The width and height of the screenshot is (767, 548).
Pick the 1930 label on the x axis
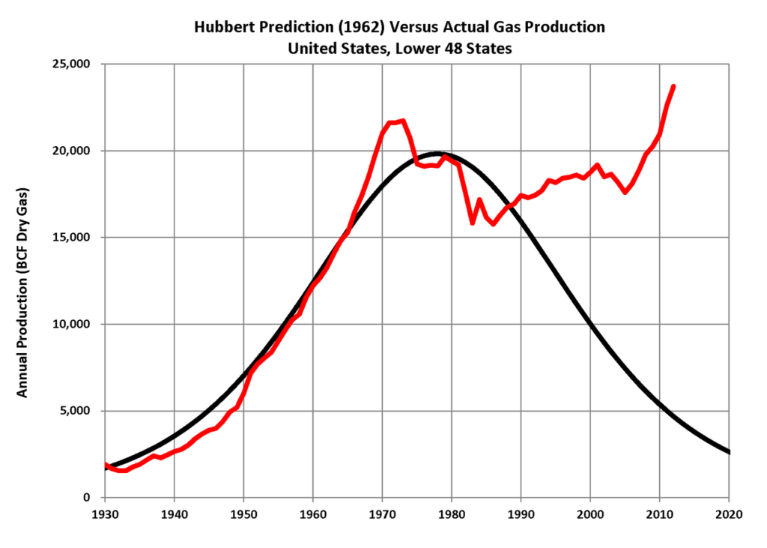pyautogui.click(x=105, y=514)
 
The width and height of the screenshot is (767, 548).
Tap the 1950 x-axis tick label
pyautogui.click(x=243, y=514)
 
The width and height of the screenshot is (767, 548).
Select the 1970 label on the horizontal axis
pyautogui.click(x=382, y=514)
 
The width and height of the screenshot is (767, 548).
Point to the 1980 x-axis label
pyautogui.click(x=452, y=514)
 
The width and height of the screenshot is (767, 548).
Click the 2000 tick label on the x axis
pyautogui.click(x=590, y=514)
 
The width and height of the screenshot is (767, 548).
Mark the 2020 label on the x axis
pyautogui.click(x=729, y=514)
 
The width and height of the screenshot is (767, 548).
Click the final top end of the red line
pyautogui.click(x=673, y=86)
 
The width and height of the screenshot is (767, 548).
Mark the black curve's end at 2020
pyautogui.click(x=729, y=452)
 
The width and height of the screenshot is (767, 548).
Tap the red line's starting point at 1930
pyautogui.click(x=106, y=465)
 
